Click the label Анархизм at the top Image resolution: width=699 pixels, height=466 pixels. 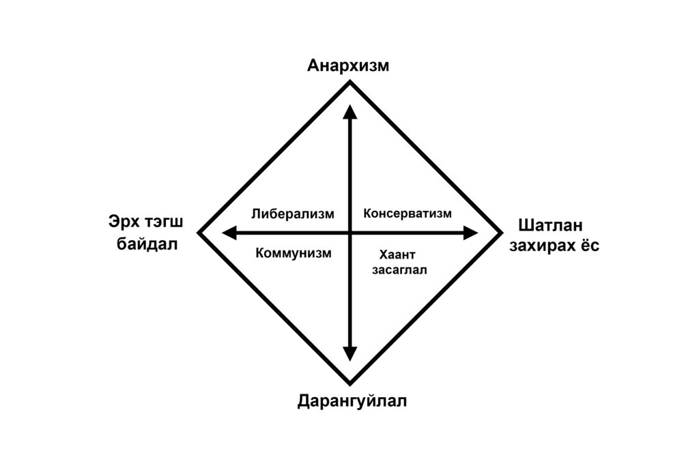coord(348,66)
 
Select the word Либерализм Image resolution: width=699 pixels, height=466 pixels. coord(293,214)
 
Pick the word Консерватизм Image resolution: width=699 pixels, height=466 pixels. coord(408,214)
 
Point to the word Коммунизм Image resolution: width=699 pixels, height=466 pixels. coord(294,253)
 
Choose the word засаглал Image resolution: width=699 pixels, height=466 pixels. coord(399,270)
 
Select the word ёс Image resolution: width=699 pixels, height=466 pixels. coord(589,246)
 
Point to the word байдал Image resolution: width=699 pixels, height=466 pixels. coord(147,243)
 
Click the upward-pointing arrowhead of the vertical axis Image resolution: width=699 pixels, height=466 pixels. coord(350,112)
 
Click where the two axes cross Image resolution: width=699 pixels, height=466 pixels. coord(350,233)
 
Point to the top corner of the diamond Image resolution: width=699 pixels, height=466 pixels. coord(350,82)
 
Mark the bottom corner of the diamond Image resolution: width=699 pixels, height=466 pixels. coord(350,383)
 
